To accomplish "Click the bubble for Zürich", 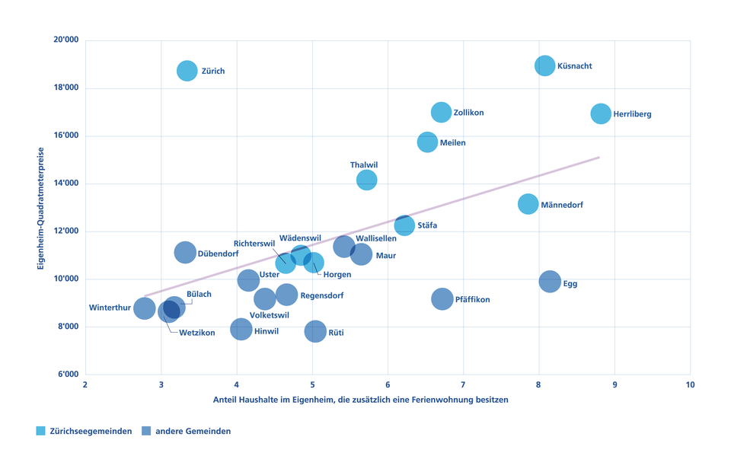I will click(x=187, y=71).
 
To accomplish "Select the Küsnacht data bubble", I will click(x=544, y=65).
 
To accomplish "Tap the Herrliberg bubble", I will click(x=601, y=114).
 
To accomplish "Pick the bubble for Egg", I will click(x=550, y=282).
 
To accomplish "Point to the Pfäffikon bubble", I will click(x=442, y=299).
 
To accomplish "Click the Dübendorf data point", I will click(x=185, y=253).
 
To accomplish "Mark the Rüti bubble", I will click(x=315, y=330).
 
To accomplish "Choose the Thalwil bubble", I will click(x=366, y=180).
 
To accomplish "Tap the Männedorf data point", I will click(x=528, y=204).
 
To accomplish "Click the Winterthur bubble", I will click(x=145, y=308).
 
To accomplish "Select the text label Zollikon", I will click(x=468, y=113).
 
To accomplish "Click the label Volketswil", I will click(x=270, y=314).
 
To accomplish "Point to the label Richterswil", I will click(x=254, y=244).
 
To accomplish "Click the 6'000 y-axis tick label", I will click(x=66, y=375).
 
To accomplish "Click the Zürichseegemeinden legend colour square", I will click(x=41, y=431).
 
